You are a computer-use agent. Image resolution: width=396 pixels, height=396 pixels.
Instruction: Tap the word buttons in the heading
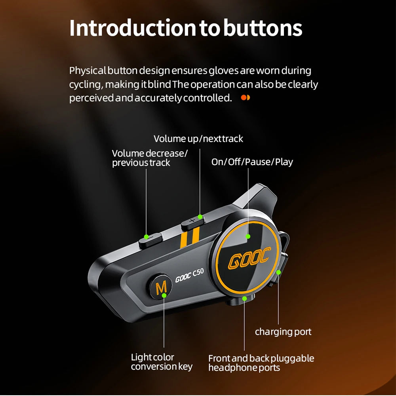coord(263,28)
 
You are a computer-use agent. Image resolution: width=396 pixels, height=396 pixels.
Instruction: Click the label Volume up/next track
coord(198,139)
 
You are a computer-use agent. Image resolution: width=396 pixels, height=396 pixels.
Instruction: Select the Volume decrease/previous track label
coord(150,158)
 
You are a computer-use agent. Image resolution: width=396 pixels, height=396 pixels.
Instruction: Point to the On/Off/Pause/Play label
coord(252,162)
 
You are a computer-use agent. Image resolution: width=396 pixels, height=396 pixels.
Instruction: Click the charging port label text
coord(283,332)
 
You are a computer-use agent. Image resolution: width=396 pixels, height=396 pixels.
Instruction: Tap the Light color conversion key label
coord(162,362)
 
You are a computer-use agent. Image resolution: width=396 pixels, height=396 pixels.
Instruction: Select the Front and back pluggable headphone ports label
coord(261,363)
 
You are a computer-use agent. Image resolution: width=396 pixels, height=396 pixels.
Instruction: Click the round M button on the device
coord(161,288)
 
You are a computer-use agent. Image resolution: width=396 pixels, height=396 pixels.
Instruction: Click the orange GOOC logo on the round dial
coord(249,258)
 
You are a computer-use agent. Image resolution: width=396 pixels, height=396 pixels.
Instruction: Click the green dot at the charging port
coord(279,272)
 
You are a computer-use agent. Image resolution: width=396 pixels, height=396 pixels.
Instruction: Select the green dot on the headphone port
coord(244,298)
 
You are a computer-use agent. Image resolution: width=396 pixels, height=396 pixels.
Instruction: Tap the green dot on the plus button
coord(200,217)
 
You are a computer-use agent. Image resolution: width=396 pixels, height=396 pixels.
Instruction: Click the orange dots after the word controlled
coord(246,97)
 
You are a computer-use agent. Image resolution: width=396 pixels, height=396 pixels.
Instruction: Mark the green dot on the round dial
coord(248,236)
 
